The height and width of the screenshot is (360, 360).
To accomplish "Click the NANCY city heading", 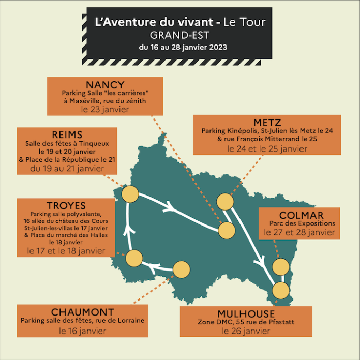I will (x=105, y=85).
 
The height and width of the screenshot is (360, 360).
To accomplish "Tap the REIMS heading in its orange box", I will (x=67, y=134).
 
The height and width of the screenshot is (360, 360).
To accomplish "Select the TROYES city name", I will (x=65, y=206).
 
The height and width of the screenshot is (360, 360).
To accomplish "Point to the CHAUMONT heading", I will (x=82, y=312).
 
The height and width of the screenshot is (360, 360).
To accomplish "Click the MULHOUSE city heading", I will (x=246, y=314).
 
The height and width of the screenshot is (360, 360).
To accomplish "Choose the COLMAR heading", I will (x=302, y=215).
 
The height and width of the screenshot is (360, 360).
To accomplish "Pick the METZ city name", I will (x=267, y=123).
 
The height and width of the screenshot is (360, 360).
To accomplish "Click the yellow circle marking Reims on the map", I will (x=130, y=195).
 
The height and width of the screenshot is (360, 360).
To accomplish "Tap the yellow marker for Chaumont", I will (x=182, y=269).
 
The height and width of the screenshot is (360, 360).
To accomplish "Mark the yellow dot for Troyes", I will (x=134, y=258).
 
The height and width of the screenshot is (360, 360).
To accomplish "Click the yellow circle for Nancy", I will (x=227, y=230).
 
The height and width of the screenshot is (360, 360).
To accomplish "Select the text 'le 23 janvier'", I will (x=105, y=110).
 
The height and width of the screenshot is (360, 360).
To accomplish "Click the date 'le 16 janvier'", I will (x=82, y=329).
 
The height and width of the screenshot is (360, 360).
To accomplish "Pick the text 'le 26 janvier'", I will (x=246, y=331).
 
